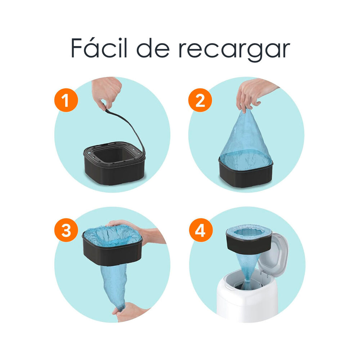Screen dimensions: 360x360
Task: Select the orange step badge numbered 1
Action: (x=66, y=100)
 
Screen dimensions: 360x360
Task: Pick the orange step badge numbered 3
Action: (x=66, y=231)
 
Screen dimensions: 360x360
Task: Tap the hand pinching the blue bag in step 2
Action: (x=252, y=92)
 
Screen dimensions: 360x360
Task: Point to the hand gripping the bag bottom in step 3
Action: (x=130, y=311)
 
